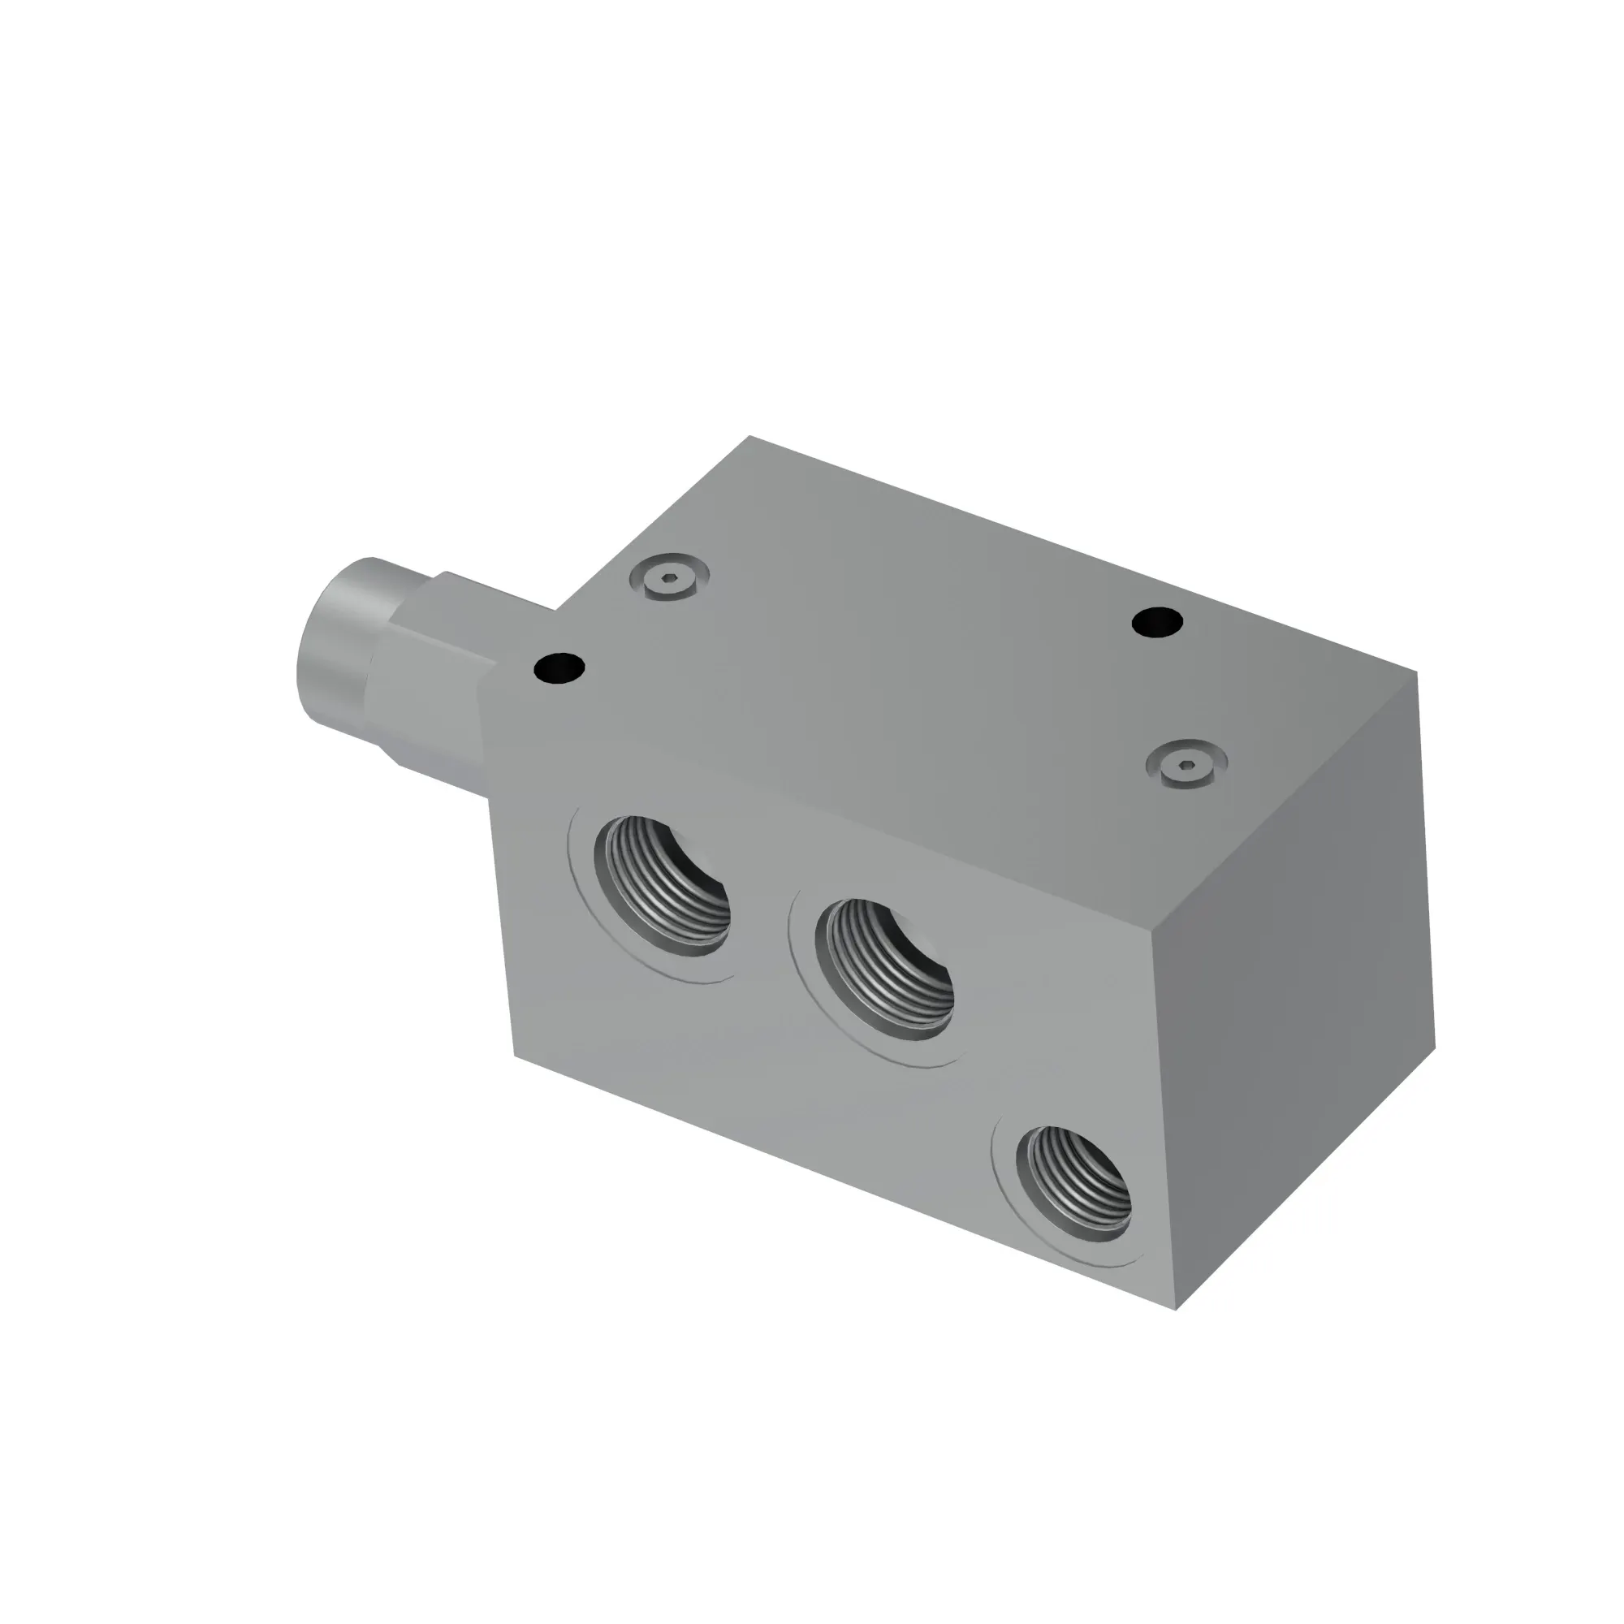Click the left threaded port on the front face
[x=662, y=886]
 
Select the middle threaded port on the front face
[x=890, y=969]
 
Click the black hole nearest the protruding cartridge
[x=559, y=669]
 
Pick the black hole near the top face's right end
[x=1157, y=623]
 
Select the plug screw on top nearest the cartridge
[x=669, y=577]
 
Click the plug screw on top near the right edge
[x=1187, y=763]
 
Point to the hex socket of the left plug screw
[x=669, y=577]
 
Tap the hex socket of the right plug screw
[x=1187, y=762]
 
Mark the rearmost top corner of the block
[x=749, y=436]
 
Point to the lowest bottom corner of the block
[x=1177, y=1309]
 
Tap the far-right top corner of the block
[x=1417, y=672]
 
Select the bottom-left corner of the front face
[x=515, y=1056]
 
